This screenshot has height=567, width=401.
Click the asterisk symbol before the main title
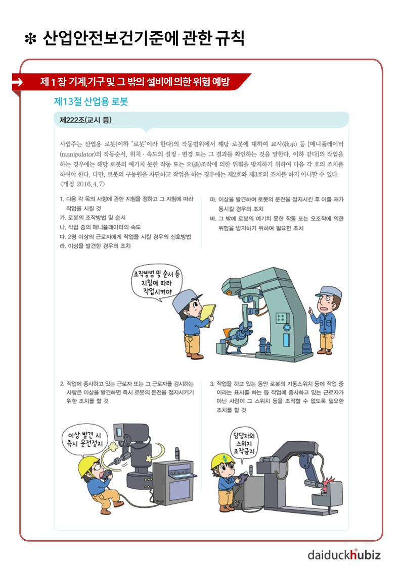pyautogui.click(x=30, y=39)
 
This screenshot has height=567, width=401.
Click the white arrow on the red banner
pyautogui.click(x=17, y=82)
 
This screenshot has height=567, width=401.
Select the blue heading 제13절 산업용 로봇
pyautogui.click(x=91, y=101)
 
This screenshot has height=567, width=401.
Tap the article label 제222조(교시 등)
pyautogui.click(x=85, y=120)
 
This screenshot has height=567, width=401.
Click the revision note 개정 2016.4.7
pyautogui.click(x=82, y=184)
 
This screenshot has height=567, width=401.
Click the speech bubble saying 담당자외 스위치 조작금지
pyautogui.click(x=244, y=444)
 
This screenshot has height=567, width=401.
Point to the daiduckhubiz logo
pyautogui.click(x=344, y=554)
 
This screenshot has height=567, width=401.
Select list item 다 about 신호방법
pyautogui.click(x=125, y=236)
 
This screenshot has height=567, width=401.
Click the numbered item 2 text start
pyautogui.click(x=62, y=384)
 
